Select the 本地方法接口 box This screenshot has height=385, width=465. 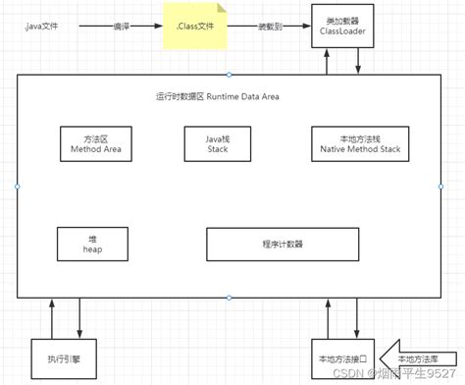pyautogui.click(x=337, y=358)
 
